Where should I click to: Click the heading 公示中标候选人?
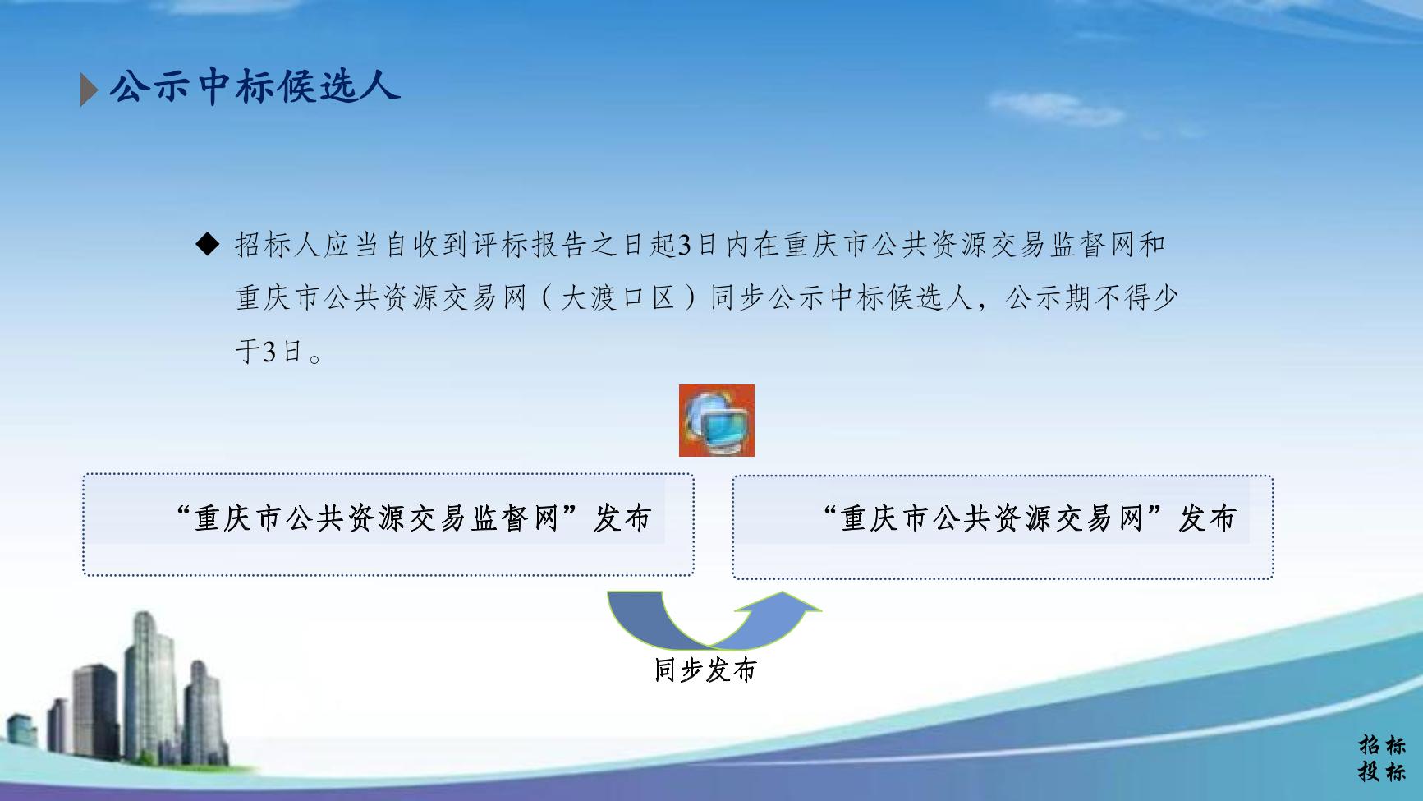(x=255, y=86)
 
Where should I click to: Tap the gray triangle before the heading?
(x=89, y=90)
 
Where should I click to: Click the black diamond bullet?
(x=209, y=244)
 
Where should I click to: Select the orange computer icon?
(x=716, y=421)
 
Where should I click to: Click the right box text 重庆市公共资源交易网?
(x=992, y=518)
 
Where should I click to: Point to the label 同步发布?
(x=705, y=670)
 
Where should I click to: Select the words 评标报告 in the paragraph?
(x=530, y=244)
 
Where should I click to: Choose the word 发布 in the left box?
(x=622, y=518)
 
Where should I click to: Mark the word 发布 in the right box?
(x=1207, y=518)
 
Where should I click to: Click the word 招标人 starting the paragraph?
(x=278, y=244)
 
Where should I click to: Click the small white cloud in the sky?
(x=1055, y=108)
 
